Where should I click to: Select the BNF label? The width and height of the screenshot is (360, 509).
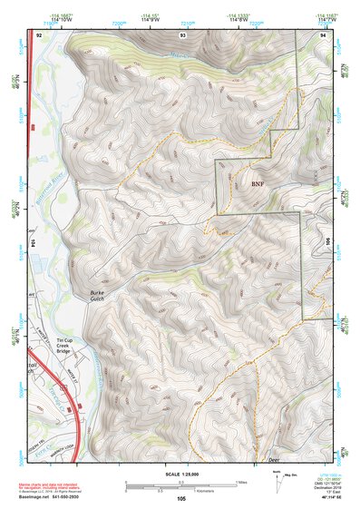tap(258, 182)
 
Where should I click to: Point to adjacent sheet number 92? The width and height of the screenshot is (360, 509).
tap(39, 34)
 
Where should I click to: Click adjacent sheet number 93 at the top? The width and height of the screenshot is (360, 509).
tap(182, 34)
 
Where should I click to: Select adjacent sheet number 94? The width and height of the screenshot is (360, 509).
tap(322, 34)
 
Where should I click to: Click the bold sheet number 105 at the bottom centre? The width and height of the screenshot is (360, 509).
tap(181, 498)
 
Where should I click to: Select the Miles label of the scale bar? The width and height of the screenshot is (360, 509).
tap(240, 482)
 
